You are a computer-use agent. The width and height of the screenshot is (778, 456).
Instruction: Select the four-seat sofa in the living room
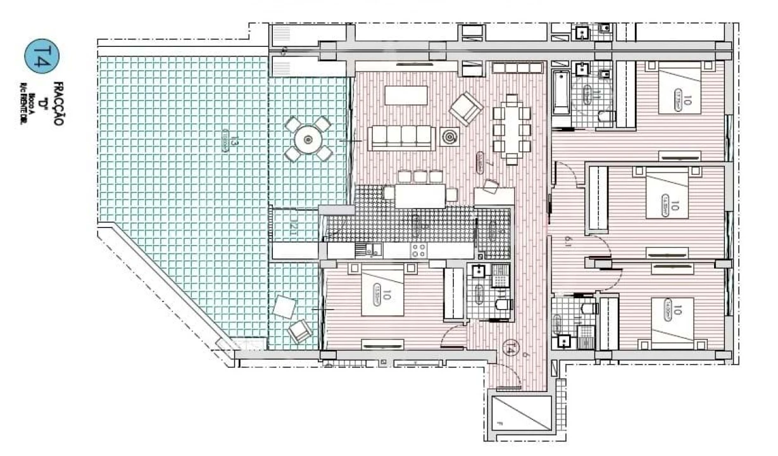point(402,137)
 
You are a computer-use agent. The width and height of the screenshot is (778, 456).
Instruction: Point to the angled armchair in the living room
point(467,108)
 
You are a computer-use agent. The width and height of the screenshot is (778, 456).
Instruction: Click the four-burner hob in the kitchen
point(419,249)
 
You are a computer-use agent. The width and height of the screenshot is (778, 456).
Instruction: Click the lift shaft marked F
point(521,415)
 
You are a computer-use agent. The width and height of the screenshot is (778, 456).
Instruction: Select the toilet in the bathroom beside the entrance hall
point(503,306)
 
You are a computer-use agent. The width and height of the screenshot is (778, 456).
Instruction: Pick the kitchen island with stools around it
point(420,195)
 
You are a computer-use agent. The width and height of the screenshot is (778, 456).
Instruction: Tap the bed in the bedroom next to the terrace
point(382,290)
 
